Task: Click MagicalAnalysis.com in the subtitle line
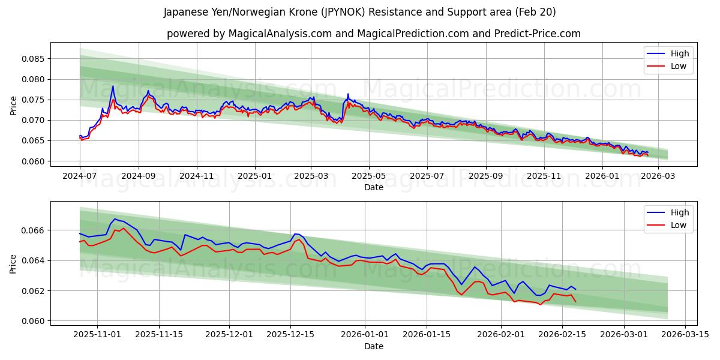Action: [x=280, y=34]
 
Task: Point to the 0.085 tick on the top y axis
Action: [x=33, y=59]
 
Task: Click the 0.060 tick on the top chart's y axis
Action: [x=33, y=161]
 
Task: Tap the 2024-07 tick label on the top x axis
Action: [x=80, y=176]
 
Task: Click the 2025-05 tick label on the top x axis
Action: [x=368, y=176]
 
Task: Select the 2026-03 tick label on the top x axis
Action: [x=658, y=176]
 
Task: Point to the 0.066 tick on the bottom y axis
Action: [x=33, y=230]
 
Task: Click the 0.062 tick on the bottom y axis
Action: [x=33, y=291]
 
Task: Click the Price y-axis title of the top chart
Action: [x=13, y=106]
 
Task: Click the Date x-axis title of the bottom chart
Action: [x=373, y=346]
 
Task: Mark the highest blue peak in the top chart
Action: [x=113, y=86]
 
